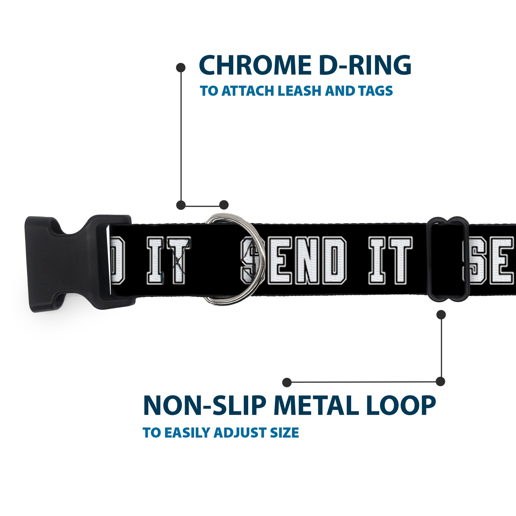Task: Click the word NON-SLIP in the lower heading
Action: coord(203,406)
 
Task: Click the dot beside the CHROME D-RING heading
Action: coord(181,68)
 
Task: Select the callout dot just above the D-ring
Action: coord(224,205)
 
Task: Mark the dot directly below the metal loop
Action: coord(441,315)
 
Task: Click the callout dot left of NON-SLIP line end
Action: coord(287,382)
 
